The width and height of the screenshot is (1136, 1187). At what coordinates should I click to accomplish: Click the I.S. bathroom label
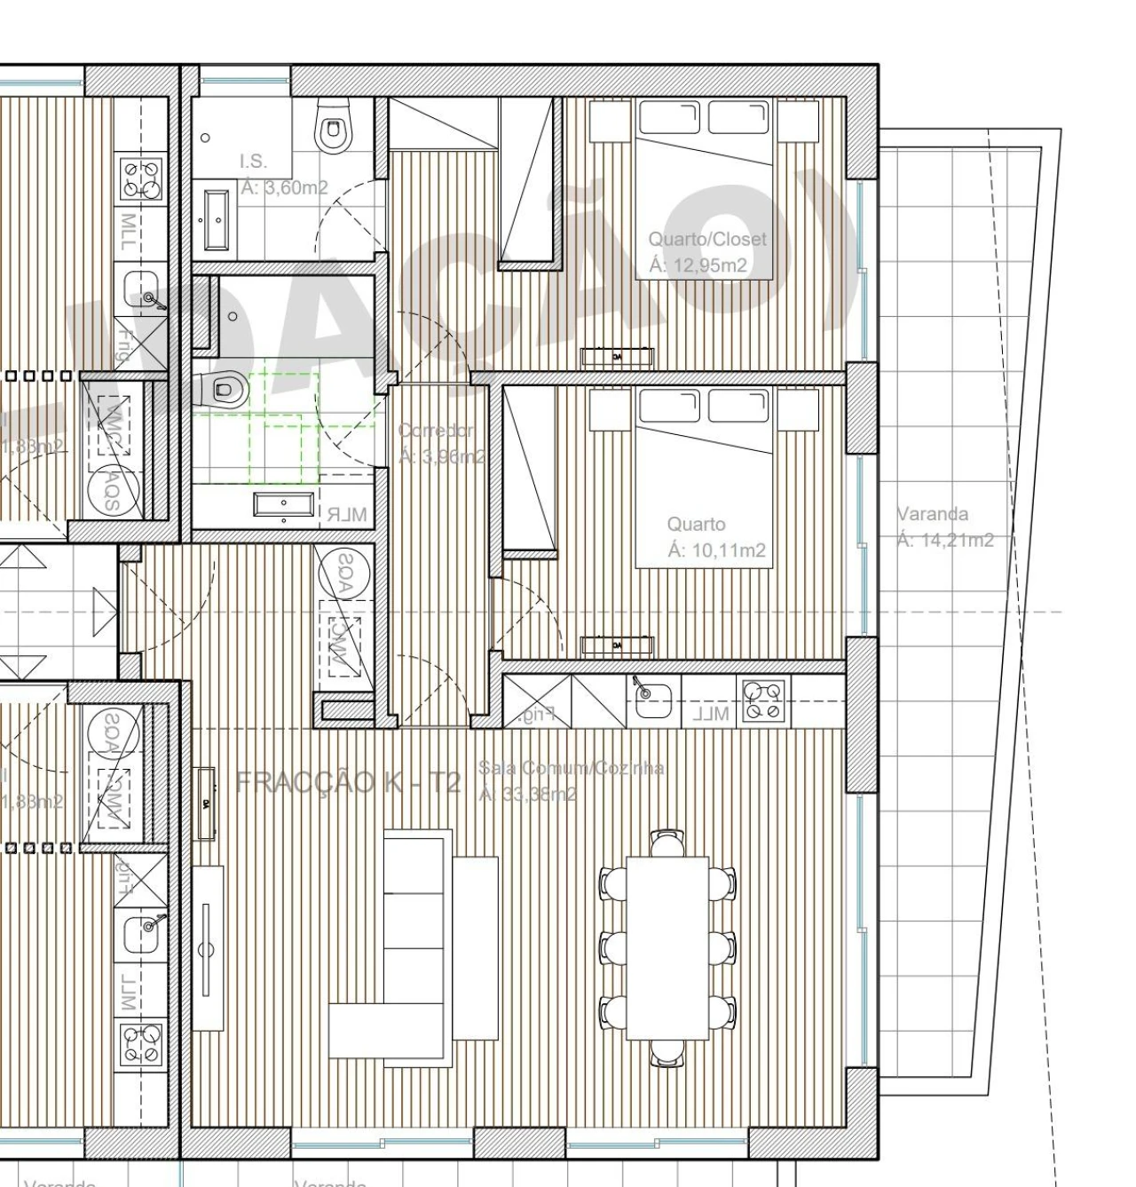[253, 161]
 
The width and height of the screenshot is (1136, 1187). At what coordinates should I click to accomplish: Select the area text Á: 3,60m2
[284, 187]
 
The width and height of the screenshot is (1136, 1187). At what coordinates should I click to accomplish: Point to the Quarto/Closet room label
[706, 239]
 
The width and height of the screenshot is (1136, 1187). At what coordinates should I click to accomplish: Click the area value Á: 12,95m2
[698, 265]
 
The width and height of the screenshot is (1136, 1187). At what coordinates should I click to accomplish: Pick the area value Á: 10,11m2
[716, 550]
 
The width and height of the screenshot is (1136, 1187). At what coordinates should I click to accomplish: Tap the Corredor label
[436, 431]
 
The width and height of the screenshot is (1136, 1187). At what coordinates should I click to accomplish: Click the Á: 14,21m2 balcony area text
[944, 540]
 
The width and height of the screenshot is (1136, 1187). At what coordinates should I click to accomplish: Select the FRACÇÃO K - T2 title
[348, 782]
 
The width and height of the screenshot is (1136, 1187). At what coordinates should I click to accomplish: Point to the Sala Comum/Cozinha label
[571, 767]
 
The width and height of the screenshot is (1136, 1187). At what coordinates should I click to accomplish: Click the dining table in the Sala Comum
[667, 947]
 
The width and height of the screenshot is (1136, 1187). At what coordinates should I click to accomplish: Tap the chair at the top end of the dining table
[667, 842]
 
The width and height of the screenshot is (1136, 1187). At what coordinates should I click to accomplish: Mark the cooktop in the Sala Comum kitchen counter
[762, 699]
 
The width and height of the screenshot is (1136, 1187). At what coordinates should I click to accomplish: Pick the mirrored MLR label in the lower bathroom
[346, 514]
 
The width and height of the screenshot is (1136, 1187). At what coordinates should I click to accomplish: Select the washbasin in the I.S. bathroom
[216, 219]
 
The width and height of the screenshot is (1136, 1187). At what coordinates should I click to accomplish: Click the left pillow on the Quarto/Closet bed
[668, 117]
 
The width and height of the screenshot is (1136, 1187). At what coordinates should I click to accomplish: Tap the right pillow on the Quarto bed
[738, 405]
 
